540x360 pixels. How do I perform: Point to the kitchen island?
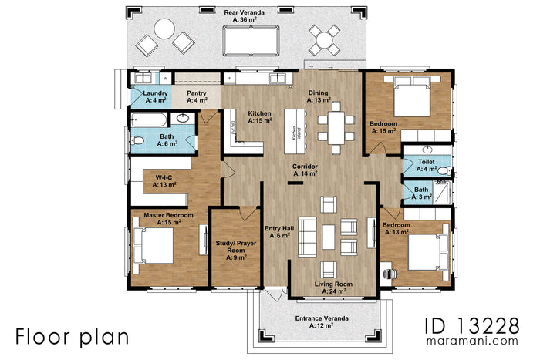coord(294,126)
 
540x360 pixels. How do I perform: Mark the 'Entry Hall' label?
coord(278,231)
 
